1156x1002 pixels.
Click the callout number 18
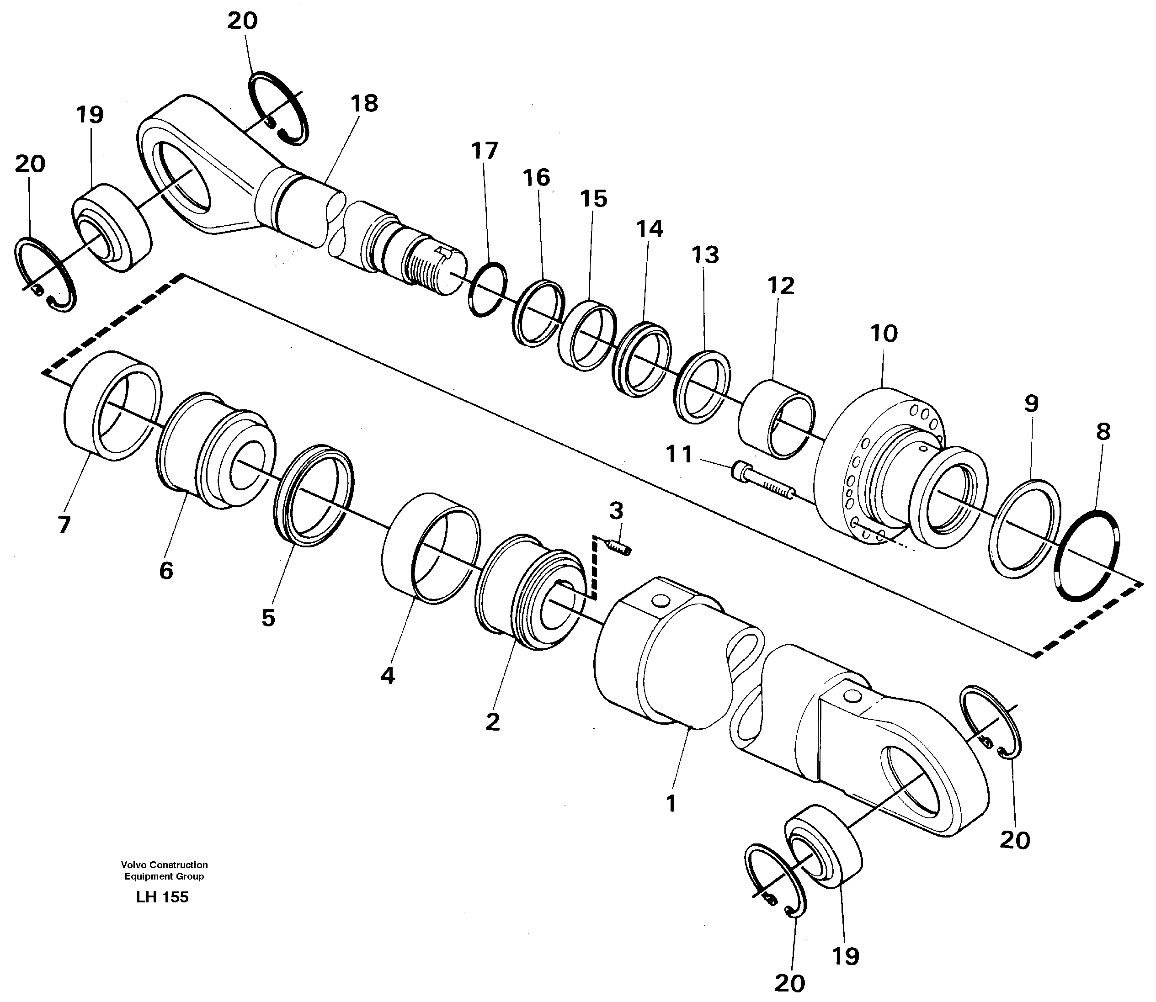pos(365,103)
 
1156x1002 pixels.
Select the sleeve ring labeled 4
pos(431,548)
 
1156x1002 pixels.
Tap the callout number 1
pos(671,804)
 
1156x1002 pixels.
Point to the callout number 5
pos(268,618)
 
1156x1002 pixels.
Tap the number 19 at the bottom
pos(845,957)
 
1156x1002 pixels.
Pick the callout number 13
pos(705,255)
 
